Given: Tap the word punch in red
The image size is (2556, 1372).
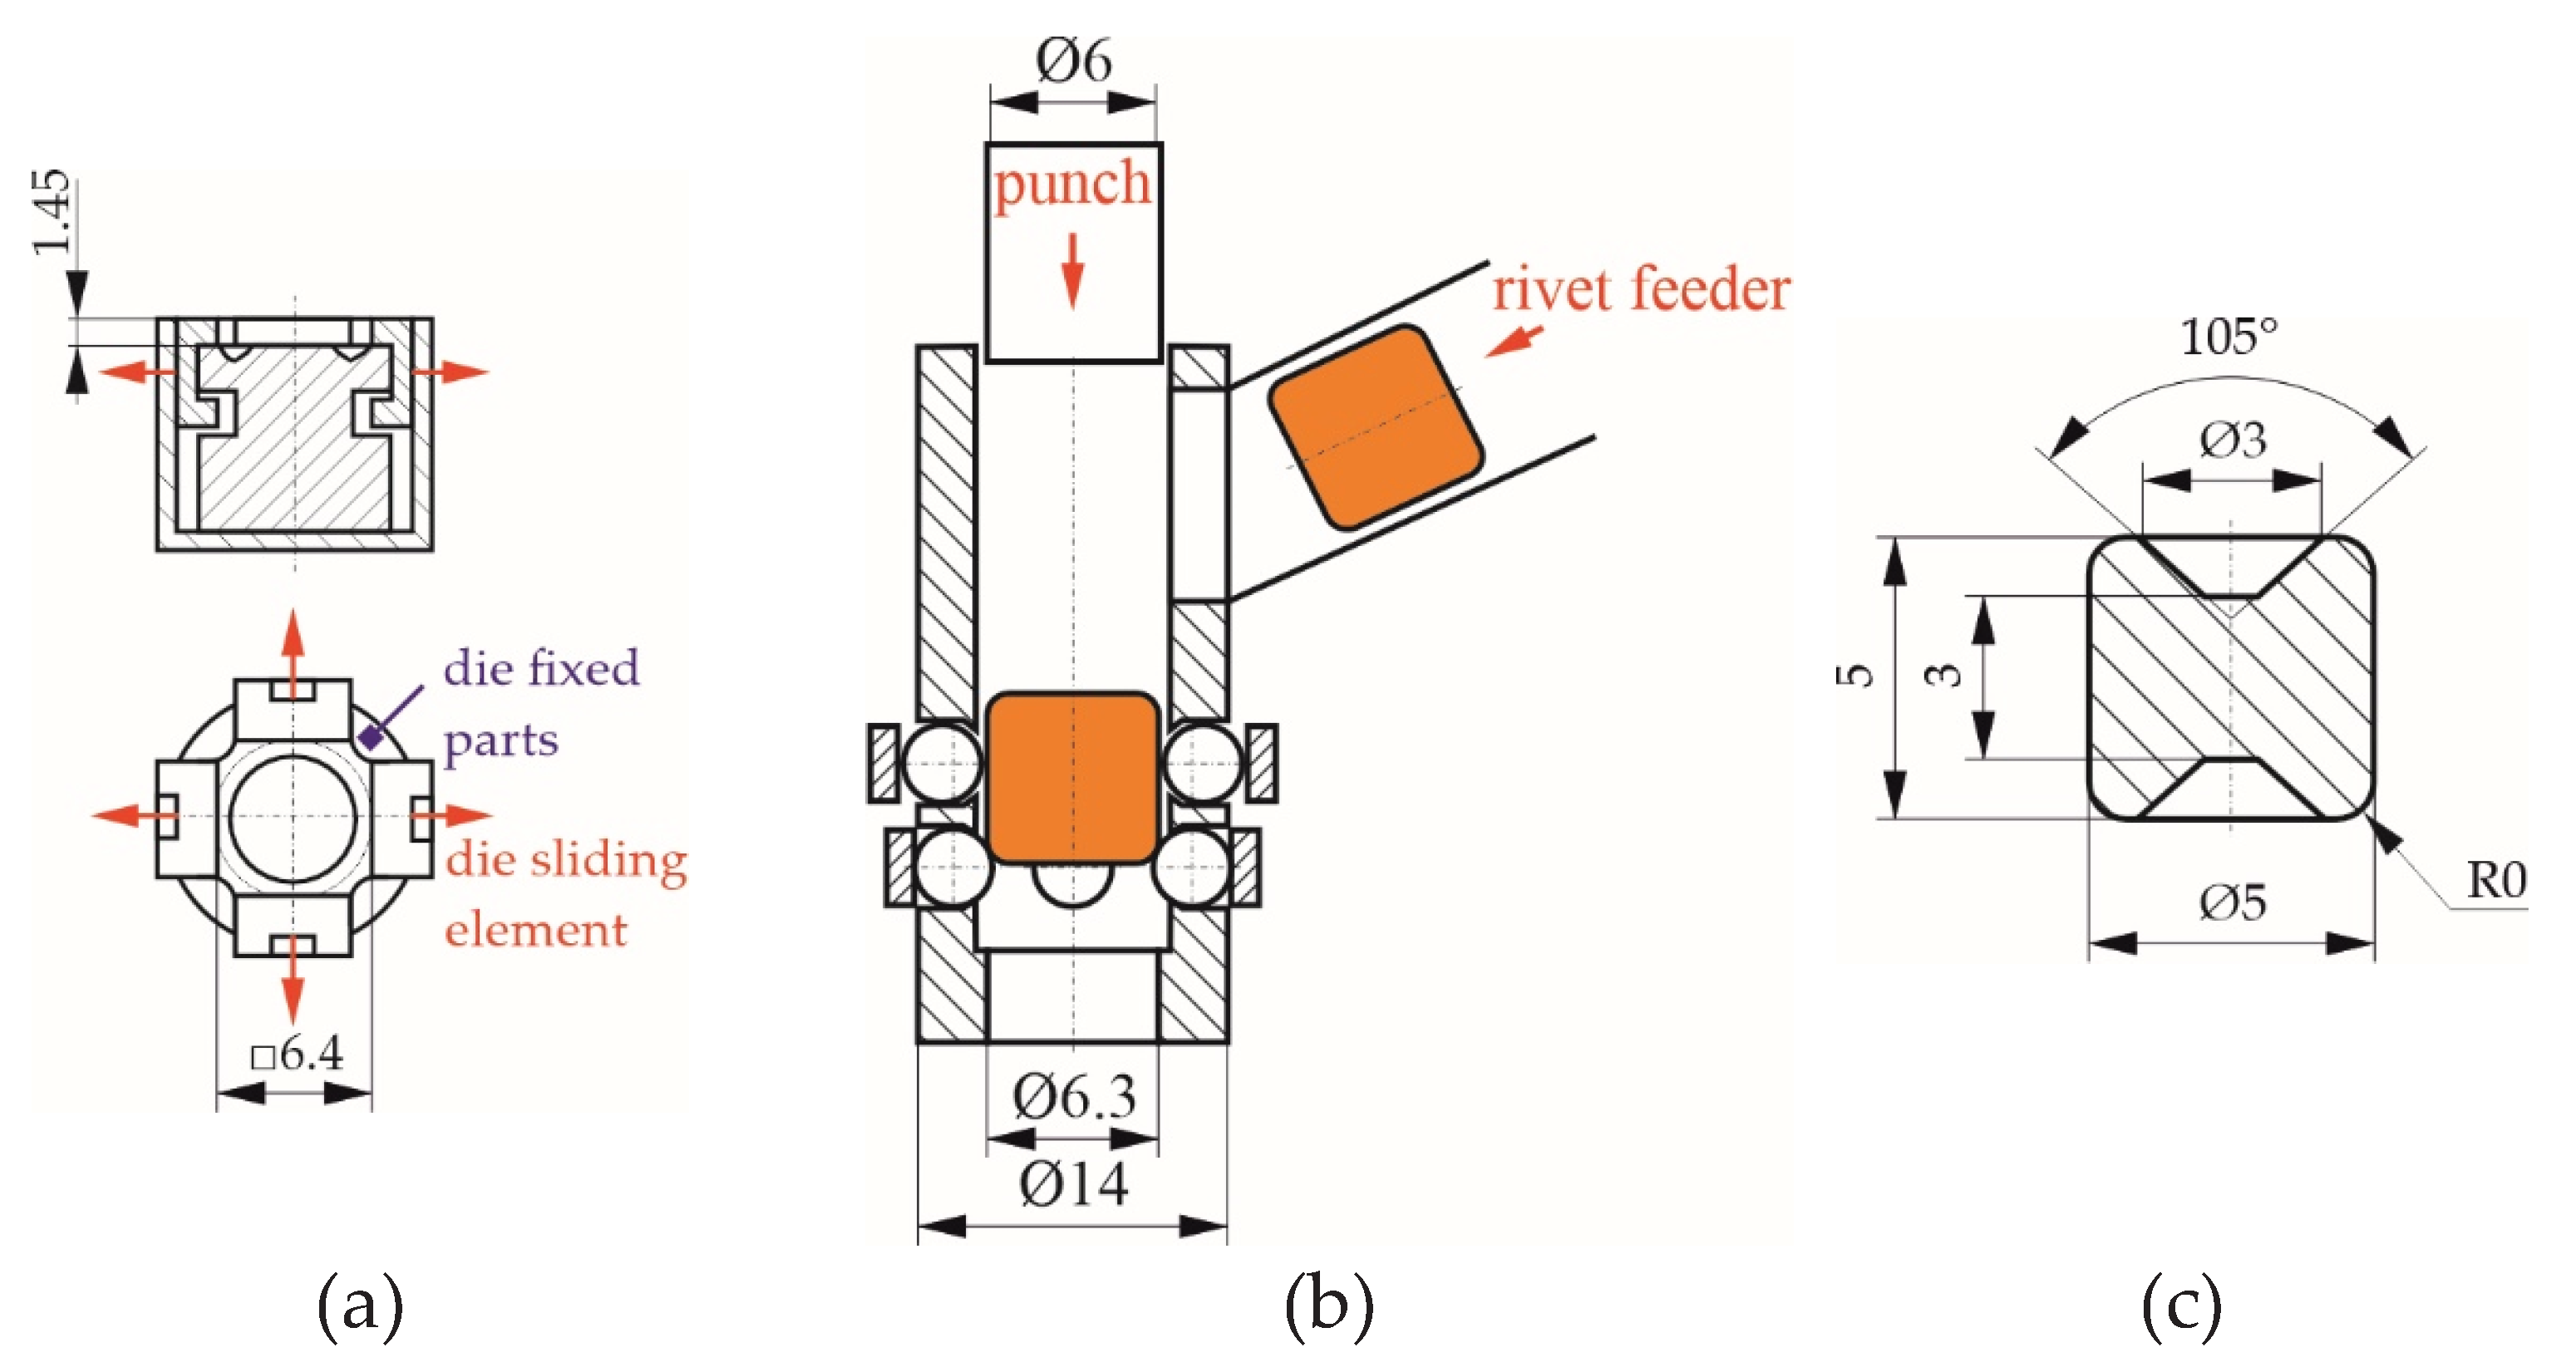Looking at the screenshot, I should tap(1072, 185).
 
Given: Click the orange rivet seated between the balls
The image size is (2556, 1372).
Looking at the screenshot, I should tap(1072, 777).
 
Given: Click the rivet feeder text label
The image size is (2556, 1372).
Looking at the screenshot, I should tap(1641, 290).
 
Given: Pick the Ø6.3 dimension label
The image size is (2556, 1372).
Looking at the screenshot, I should tap(1074, 1097).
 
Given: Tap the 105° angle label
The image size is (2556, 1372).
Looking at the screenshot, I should tap(2228, 337).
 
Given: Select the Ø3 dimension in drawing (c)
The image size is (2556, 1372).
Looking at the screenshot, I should tap(2233, 440).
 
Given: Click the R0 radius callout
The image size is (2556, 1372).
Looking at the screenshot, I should tap(2495, 881).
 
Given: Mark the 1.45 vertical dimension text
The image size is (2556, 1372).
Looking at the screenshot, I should tap(52, 211).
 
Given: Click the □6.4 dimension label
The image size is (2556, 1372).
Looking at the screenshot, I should tap(297, 1054).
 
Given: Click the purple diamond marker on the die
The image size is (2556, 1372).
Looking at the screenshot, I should tap(371, 736).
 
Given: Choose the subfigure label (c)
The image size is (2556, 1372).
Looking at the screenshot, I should tap(2181, 1306).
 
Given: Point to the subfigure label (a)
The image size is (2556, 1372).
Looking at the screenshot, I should tap(359, 1306).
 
